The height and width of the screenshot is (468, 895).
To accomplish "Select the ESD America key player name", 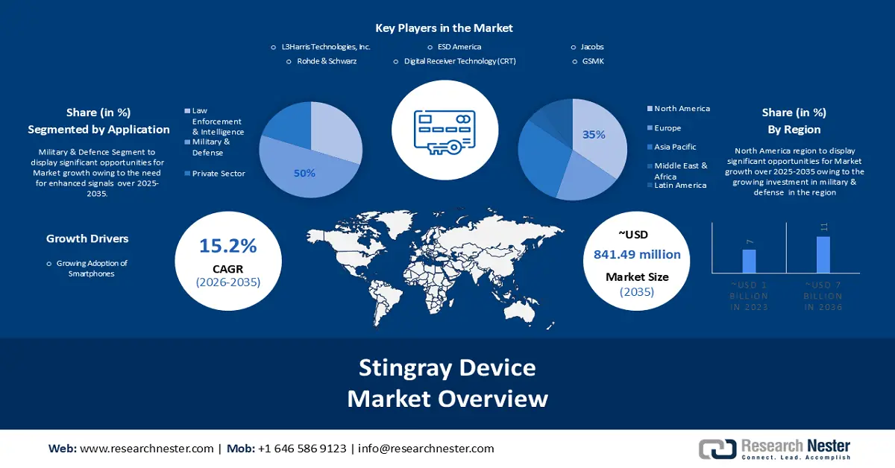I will coord(459,47).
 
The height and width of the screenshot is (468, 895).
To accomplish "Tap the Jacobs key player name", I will coord(592,47).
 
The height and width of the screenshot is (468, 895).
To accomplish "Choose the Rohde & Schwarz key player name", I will coord(321,61).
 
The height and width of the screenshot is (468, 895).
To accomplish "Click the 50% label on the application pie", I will coord(304,173).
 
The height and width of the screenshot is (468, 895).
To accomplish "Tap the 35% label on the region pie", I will coord(594,135).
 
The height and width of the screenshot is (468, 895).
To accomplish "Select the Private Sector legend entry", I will coord(219,174).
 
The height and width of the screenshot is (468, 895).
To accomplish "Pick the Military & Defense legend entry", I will coord(211,146).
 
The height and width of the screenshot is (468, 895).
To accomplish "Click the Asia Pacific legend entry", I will coord(675,147).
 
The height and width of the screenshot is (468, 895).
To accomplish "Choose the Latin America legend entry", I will coord(680,186).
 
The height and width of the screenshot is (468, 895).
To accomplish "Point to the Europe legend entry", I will coord(668,128).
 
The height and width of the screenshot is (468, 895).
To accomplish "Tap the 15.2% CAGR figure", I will coord(227,246).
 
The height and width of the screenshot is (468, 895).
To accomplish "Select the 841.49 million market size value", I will coord(637,255).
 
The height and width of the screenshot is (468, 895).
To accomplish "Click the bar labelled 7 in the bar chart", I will coord(749,261).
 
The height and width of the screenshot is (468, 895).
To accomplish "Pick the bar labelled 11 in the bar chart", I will coord(823,254).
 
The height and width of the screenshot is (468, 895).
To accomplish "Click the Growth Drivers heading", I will coord(87,239).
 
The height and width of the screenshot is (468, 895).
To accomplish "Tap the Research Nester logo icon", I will coord(717,449).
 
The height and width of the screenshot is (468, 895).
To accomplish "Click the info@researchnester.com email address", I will coord(426,449).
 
